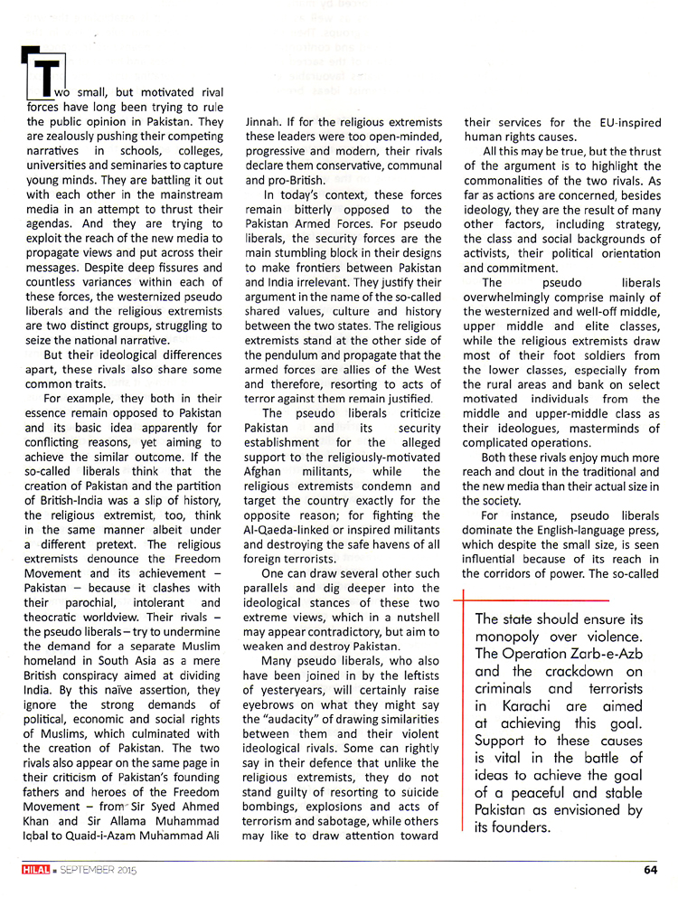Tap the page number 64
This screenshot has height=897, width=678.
coord(650,871)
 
